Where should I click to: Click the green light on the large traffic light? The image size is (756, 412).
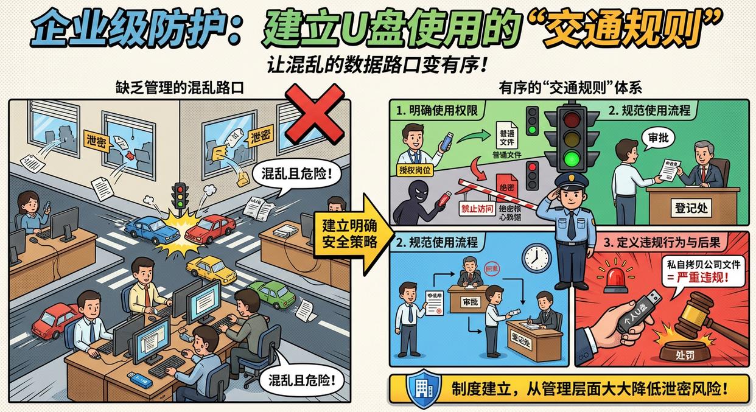click(x=571, y=160)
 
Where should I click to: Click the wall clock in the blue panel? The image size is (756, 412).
click(x=536, y=257)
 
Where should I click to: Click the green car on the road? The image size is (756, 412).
click(x=272, y=294)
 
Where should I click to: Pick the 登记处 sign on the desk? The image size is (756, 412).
click(x=691, y=208)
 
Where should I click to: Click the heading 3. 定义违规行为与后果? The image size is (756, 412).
click(x=662, y=242)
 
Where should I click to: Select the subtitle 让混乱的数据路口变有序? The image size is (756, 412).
click(x=377, y=65)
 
